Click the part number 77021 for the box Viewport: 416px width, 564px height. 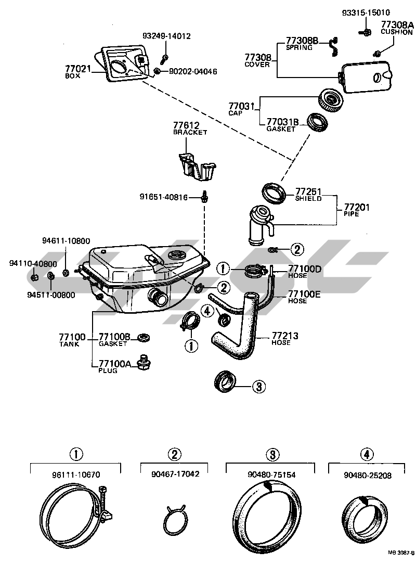pyautogui.click(x=77, y=68)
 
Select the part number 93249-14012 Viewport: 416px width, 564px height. pyautogui.click(x=166, y=36)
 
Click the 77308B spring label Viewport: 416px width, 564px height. pyautogui.click(x=302, y=40)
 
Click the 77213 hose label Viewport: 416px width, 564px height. pyautogui.click(x=284, y=336)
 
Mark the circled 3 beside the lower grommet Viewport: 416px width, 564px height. pyautogui.click(x=259, y=386)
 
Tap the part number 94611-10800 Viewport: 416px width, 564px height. pyautogui.click(x=66, y=241)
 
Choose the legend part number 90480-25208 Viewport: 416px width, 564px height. pyautogui.click(x=367, y=475)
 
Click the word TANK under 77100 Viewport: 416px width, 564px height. pyautogui.click(x=69, y=344)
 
